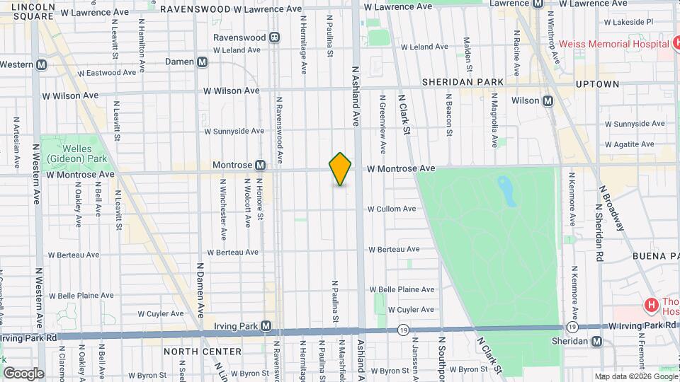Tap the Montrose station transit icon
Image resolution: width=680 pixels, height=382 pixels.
tap(261, 166)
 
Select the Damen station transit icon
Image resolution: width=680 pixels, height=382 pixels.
tap(203, 62)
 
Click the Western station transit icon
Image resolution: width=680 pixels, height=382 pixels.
tap(42, 64)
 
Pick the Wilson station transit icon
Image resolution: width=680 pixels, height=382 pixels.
tap(548, 100)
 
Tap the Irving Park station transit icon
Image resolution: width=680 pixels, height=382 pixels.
tap(266, 326)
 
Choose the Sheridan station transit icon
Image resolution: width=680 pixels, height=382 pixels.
tap(597, 341)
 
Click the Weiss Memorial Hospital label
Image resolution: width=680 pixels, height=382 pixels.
tap(613, 44)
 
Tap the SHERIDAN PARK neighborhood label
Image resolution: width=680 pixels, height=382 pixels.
tap(463, 82)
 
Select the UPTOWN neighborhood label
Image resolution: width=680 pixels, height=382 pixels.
tap(597, 83)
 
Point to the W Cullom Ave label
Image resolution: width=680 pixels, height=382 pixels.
tap(391, 209)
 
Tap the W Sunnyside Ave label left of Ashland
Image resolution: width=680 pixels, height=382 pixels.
tap(234, 131)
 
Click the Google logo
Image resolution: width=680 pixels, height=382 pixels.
tap(23, 373)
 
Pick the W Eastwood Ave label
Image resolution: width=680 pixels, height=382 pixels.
tap(106, 73)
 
